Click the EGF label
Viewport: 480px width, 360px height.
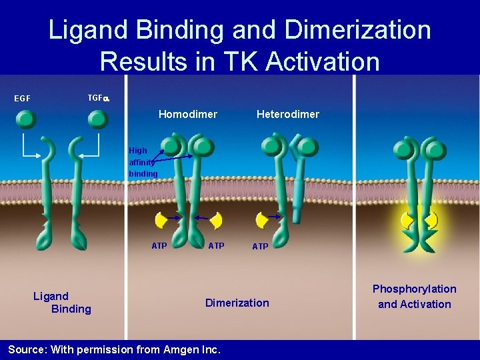point(23,99)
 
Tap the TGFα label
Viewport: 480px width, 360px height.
point(99,98)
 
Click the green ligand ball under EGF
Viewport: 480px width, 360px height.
point(27,119)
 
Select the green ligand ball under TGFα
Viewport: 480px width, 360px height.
point(98,119)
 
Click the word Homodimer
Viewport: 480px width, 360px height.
point(187,114)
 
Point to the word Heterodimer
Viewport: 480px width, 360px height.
point(287,114)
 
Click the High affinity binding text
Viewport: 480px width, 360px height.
point(143,162)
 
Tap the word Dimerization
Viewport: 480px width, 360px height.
point(237,303)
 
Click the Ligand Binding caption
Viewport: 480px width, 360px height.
point(62,302)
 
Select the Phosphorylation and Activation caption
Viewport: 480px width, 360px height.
point(414,297)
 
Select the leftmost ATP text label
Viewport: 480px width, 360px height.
point(159,246)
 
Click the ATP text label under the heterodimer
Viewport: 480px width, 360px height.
point(260,247)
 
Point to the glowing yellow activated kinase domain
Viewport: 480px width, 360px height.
point(419,219)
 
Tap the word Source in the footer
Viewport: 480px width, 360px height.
point(26,349)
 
